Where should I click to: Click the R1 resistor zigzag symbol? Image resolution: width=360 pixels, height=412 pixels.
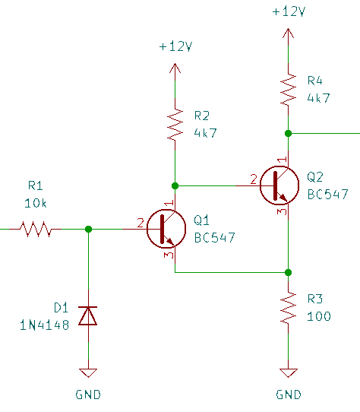click(36, 229)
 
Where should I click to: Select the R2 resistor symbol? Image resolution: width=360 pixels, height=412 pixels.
click(175, 125)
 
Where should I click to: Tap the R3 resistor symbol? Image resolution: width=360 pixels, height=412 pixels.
click(289, 307)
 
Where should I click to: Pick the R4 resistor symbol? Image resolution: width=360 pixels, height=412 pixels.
click(289, 90)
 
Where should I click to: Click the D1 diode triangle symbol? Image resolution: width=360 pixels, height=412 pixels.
click(88, 315)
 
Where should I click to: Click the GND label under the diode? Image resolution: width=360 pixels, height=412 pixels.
click(88, 395)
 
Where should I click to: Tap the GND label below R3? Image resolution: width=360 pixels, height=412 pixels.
click(289, 395)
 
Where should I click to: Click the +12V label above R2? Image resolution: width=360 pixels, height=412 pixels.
click(175, 46)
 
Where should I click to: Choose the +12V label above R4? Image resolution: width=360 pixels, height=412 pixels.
click(289, 11)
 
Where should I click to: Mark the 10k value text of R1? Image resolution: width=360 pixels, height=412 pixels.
click(36, 203)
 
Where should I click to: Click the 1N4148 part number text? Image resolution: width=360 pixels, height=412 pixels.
click(44, 325)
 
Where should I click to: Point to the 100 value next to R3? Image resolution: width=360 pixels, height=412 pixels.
click(319, 316)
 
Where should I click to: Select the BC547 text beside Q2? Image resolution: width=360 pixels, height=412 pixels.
click(327, 194)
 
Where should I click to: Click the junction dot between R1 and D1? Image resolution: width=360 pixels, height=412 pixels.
click(89, 229)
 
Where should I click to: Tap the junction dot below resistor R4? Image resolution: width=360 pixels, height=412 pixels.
click(289, 134)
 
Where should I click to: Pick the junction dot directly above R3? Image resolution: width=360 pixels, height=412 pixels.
click(289, 272)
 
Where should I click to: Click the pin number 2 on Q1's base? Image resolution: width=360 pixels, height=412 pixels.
click(141, 223)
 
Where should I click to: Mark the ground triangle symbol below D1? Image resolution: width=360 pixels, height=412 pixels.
click(88, 372)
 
